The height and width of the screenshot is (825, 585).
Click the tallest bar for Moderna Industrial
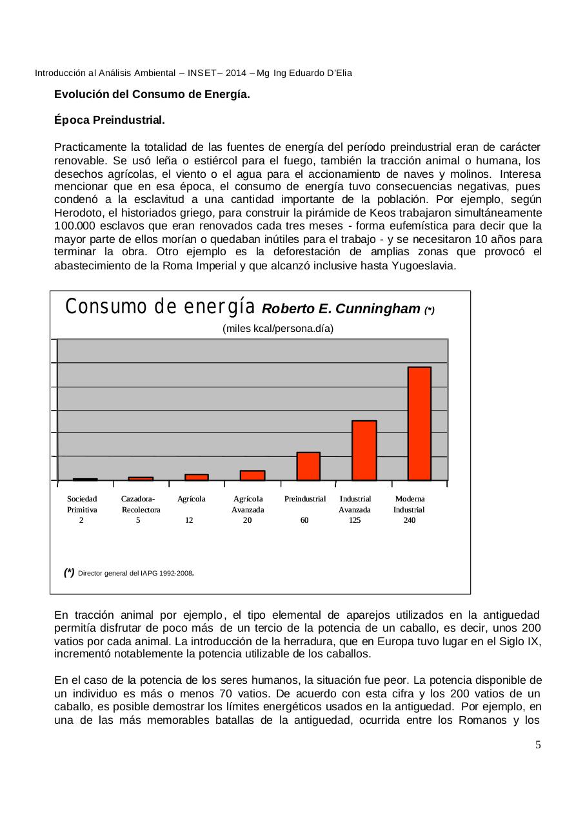[x=419, y=423]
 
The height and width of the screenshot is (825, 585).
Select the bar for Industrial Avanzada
[x=364, y=450]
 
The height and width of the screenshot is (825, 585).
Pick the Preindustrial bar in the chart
[x=308, y=466]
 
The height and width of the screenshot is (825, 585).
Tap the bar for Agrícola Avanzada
[x=252, y=476]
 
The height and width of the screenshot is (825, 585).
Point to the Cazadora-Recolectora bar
[x=141, y=478]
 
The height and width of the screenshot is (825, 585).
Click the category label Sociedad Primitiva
[x=82, y=503]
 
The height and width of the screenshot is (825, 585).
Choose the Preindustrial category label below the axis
[x=305, y=499]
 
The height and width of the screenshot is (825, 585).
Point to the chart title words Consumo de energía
[x=161, y=307]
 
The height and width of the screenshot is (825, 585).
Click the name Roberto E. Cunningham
[x=341, y=309]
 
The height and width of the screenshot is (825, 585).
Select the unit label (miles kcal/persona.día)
[x=278, y=329]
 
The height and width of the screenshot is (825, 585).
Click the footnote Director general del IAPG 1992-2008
[x=136, y=572]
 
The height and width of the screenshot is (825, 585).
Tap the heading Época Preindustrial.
[x=109, y=121]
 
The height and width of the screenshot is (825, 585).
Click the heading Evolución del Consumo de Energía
[x=152, y=94]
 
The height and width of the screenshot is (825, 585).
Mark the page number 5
[x=538, y=746]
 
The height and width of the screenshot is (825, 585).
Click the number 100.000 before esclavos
[x=76, y=226]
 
